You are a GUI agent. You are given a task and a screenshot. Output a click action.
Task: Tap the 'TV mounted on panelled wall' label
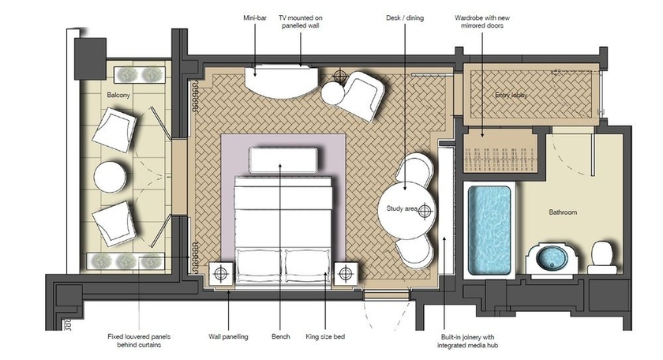[x=302, y=21]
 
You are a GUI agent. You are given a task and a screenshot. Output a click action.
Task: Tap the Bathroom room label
[x=564, y=212]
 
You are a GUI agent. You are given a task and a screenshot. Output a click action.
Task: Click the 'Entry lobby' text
[x=511, y=96]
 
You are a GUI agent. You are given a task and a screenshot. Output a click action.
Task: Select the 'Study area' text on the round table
[x=402, y=209]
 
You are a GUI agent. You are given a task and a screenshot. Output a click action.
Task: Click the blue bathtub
[x=489, y=230]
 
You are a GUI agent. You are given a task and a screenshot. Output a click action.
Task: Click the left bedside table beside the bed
[x=221, y=273]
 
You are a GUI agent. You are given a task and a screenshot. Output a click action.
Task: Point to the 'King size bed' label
[x=326, y=337]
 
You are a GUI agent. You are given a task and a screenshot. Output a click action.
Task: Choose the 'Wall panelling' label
[x=230, y=337]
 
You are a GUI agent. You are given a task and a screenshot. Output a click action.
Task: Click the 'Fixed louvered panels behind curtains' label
[x=139, y=342]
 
